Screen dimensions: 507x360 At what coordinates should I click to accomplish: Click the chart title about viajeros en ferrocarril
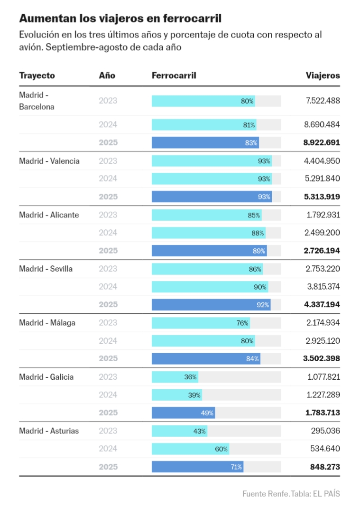point(120,19)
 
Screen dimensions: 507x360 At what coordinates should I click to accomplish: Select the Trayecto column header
point(37,75)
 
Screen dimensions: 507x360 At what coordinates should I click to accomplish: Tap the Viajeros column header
point(323,75)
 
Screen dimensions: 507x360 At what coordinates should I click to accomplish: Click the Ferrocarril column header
point(174,75)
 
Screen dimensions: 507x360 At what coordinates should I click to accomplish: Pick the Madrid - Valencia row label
point(49,161)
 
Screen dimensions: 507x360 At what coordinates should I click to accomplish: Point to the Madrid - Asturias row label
point(49,431)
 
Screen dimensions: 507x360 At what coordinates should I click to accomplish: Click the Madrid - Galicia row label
point(46,377)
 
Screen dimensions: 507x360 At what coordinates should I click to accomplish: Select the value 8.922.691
point(322,142)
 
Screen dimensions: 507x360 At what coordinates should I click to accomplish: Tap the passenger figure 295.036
point(323,431)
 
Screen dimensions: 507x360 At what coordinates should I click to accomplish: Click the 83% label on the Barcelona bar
point(252,143)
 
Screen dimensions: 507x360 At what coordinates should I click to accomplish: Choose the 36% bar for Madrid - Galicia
point(175,377)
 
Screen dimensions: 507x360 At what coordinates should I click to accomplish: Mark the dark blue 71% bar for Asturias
point(197,467)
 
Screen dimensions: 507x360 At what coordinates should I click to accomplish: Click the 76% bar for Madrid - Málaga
point(201,323)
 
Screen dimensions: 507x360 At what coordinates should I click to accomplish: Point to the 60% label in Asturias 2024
point(222,449)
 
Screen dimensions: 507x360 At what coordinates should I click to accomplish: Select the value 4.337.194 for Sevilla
point(322,305)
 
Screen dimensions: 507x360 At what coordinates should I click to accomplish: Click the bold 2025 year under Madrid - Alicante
point(108,251)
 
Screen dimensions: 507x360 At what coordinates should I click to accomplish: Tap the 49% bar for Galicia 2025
point(183,413)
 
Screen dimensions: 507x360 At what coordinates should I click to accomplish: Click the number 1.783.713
point(323,413)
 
